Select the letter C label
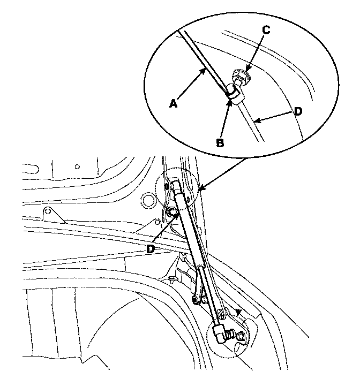(x=266, y=30)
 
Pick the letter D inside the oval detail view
(x=298, y=111)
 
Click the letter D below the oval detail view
(x=151, y=249)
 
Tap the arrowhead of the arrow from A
(x=206, y=70)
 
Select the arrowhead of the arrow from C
(x=250, y=67)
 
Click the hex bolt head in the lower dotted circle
(x=239, y=336)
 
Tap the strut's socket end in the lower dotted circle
(x=220, y=332)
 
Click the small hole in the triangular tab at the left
(x=48, y=211)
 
